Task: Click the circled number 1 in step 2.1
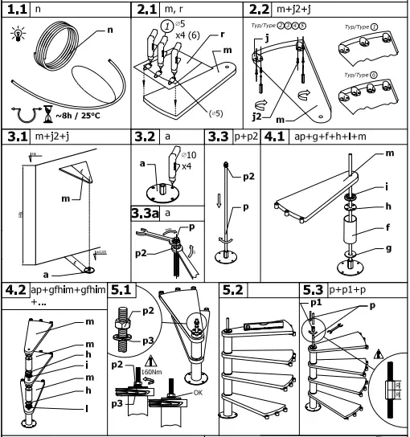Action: [x=166, y=25]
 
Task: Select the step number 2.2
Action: [x=257, y=10]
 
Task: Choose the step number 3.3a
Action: [x=146, y=213]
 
